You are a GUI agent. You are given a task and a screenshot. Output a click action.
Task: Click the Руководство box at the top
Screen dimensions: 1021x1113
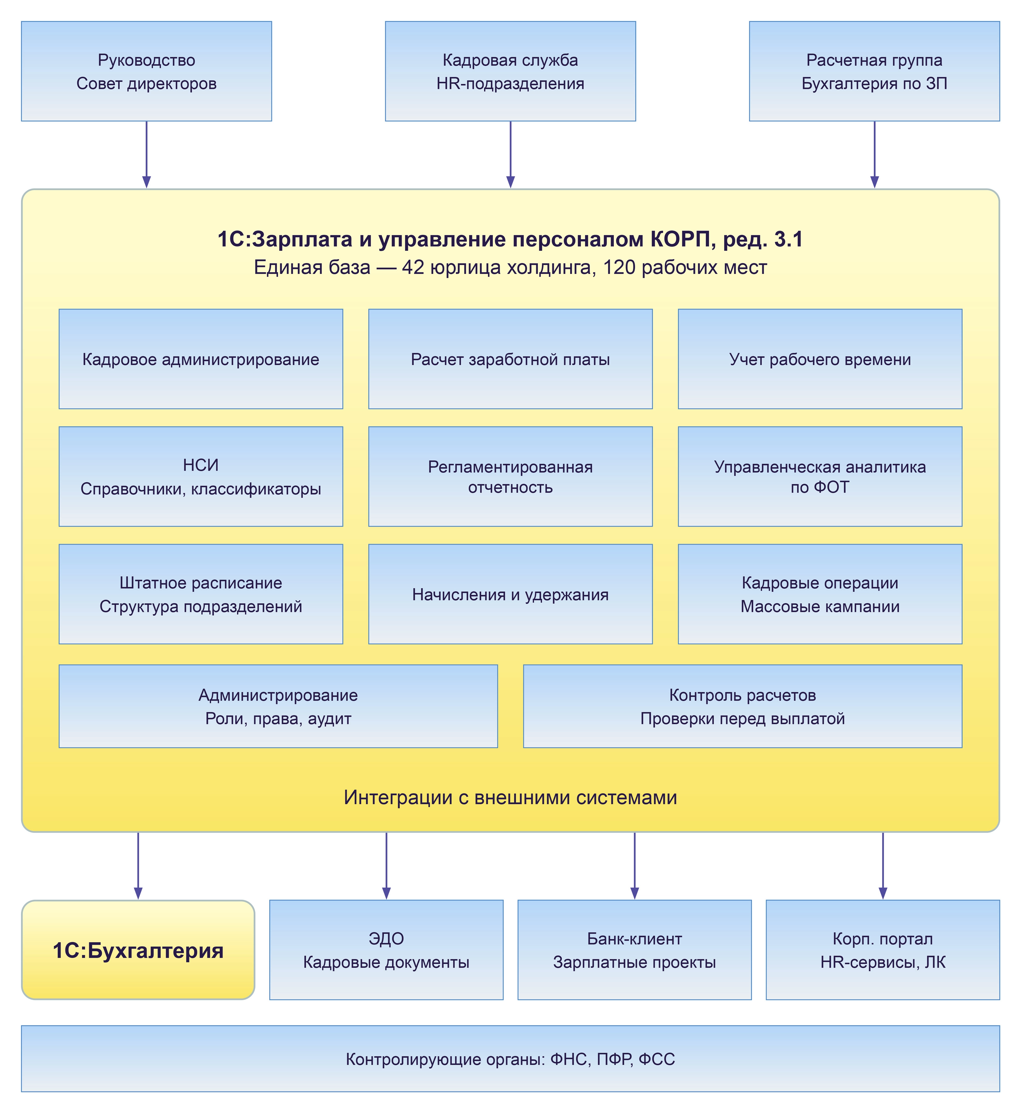pos(147,71)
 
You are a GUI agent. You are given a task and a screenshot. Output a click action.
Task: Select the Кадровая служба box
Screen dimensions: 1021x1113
pos(510,71)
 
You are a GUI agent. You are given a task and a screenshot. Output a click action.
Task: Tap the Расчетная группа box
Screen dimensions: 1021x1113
pos(874,71)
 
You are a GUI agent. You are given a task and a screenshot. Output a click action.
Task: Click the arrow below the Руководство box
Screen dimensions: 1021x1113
pos(147,155)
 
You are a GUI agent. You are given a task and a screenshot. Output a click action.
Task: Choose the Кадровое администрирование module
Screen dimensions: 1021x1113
pos(201,359)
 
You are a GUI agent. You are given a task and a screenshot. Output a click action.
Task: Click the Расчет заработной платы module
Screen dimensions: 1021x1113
pos(510,359)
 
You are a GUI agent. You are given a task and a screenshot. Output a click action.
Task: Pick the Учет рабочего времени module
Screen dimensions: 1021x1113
pos(820,359)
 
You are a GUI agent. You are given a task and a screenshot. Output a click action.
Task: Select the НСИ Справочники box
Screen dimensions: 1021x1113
pos(201,477)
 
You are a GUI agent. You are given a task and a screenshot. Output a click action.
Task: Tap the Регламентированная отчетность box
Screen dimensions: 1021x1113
pos(510,477)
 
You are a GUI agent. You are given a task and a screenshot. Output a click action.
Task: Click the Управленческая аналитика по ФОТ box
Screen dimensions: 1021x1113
pos(820,477)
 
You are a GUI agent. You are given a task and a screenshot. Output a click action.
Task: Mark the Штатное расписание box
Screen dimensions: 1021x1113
pos(201,594)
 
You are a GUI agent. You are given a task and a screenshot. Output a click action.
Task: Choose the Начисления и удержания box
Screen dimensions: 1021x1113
pos(510,594)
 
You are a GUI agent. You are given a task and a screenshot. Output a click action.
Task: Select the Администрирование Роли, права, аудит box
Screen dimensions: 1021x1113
pos(279,706)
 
